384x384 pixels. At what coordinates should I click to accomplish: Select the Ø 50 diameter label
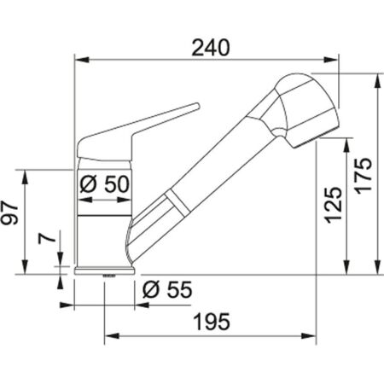(x=103, y=183)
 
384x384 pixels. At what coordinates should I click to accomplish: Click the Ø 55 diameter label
(x=165, y=289)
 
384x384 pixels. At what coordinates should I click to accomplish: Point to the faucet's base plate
(x=105, y=271)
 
